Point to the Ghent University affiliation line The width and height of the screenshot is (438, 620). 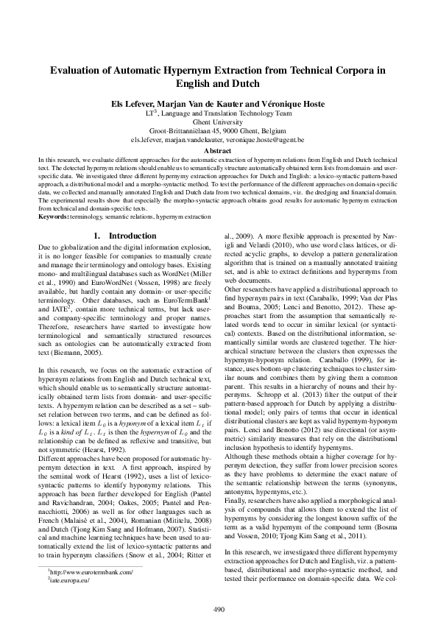(x=218, y=122)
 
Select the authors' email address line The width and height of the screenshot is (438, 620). (x=218, y=138)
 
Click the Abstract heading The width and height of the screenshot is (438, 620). (x=218, y=150)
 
